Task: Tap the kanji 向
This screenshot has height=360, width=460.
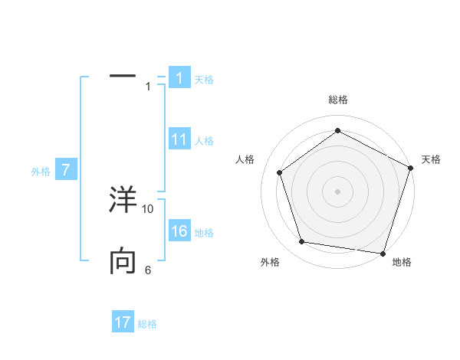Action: (x=123, y=262)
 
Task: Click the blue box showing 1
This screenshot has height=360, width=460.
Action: (x=179, y=78)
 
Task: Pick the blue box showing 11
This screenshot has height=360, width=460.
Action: (x=179, y=139)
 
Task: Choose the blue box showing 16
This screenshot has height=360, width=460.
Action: (x=179, y=232)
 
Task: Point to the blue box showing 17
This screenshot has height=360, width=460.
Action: (x=123, y=322)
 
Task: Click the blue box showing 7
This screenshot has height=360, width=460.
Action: (x=66, y=170)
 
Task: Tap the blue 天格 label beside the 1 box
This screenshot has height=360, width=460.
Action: (x=204, y=79)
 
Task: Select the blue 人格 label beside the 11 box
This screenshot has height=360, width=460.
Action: (x=204, y=140)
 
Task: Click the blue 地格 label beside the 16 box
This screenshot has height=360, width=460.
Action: (x=204, y=233)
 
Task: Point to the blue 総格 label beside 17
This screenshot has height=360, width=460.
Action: (x=147, y=323)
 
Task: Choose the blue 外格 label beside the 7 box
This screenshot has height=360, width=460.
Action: (x=41, y=172)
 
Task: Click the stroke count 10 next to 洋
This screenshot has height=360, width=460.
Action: (x=148, y=208)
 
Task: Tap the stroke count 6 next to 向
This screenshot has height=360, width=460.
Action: (x=148, y=270)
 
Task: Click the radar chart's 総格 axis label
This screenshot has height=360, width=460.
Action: (x=338, y=100)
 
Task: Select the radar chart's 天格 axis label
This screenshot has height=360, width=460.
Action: (x=432, y=159)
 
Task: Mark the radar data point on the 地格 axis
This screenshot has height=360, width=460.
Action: (x=382, y=252)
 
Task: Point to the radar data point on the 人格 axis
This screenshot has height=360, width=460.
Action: (x=280, y=172)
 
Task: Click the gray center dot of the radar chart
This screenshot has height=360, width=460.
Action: (x=338, y=191)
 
